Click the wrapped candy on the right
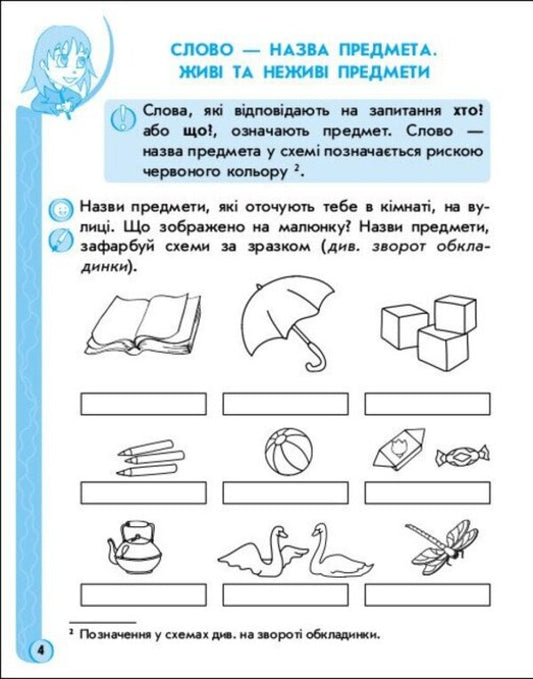pyautogui.click(x=458, y=458)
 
